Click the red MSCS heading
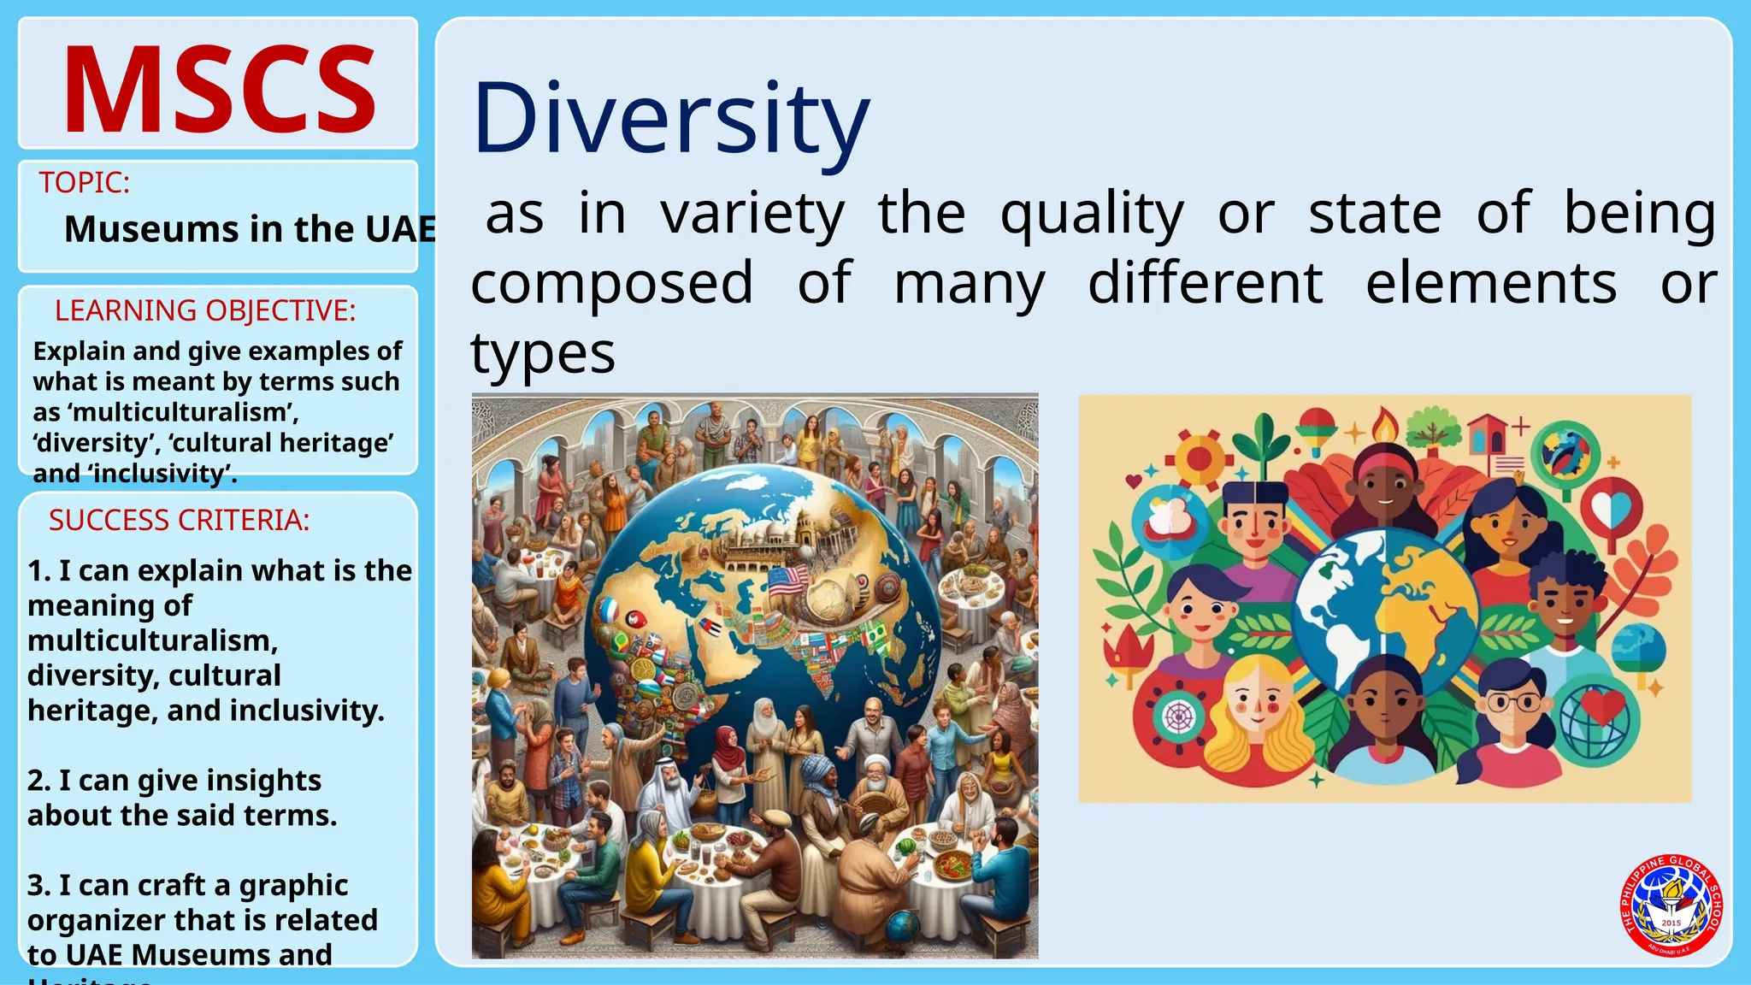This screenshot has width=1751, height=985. pos(219,90)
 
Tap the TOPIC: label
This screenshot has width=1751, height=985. pos(85,183)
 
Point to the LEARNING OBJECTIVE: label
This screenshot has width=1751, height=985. pos(205,310)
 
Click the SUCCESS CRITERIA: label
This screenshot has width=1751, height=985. pos(180,520)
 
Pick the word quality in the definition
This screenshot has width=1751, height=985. pos(1092,214)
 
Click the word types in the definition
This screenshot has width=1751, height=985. pos(543,353)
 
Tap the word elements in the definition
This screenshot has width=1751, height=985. pos(1491,283)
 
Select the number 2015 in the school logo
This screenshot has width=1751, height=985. pos(1671,923)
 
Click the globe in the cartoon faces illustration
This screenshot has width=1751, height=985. pos(1384,610)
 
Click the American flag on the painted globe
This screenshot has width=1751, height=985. pos(787,581)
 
